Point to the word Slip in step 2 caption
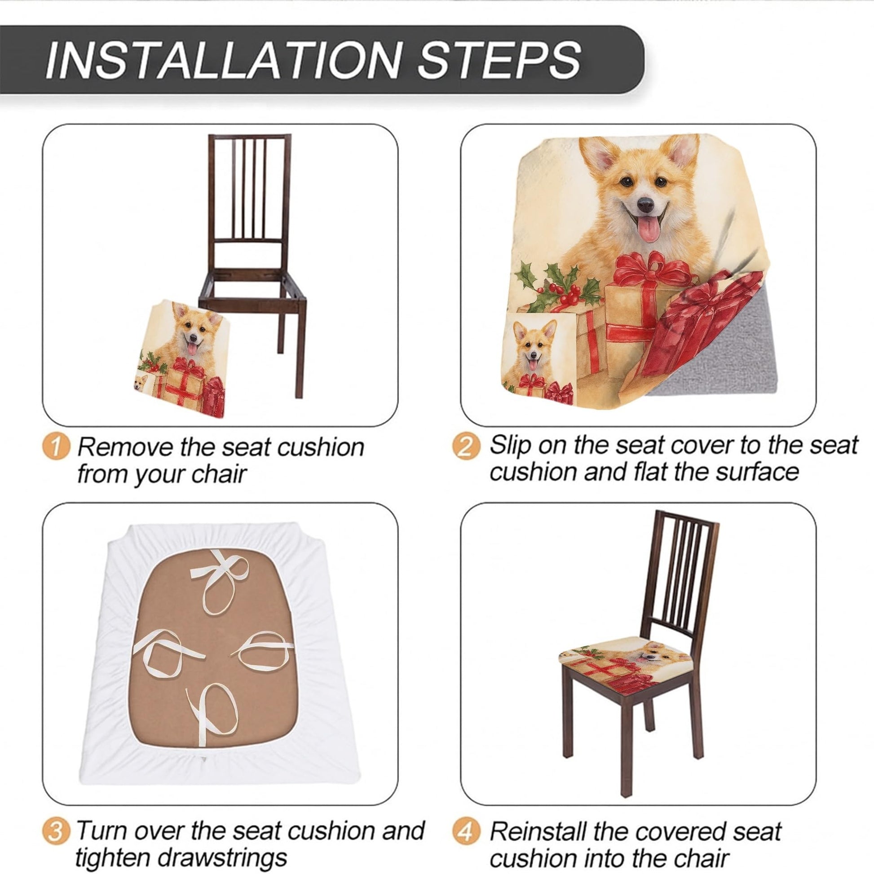pyautogui.click(x=510, y=446)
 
